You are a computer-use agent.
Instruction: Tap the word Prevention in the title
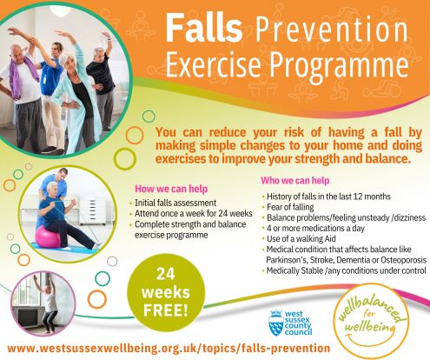pos(327,32)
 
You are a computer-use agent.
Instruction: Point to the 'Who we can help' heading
pos(294,180)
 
